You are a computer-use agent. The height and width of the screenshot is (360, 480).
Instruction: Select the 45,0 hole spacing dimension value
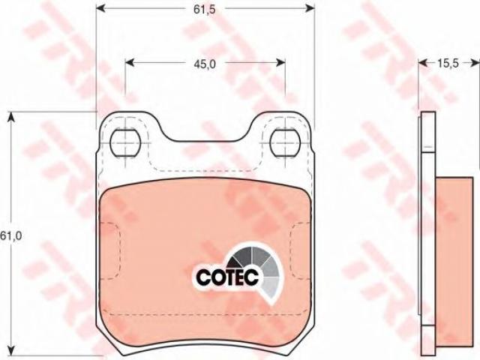pos(205,64)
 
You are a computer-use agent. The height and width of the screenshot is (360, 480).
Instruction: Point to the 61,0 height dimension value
pos(11,235)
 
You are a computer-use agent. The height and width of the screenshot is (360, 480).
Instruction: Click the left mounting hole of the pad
pos(125,143)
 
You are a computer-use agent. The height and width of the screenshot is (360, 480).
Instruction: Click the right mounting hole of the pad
pos(285,143)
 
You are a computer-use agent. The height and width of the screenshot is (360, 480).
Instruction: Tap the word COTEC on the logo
pos(227,277)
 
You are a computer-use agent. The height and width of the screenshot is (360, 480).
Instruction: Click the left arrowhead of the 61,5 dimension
pos(101,8)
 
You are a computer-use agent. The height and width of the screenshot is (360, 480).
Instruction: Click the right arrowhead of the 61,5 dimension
pos(310,8)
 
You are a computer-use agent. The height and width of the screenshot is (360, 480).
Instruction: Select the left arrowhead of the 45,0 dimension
pos(130,62)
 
